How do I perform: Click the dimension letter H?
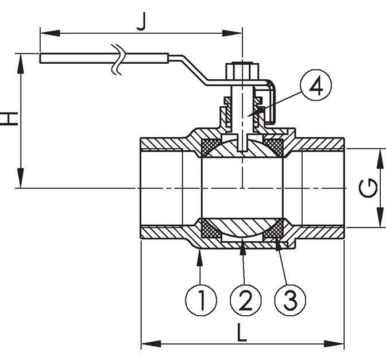click(9, 119)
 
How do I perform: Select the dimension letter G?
click(368, 188)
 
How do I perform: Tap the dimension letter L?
click(242, 332)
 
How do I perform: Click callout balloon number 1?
click(201, 300)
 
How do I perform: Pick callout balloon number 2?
click(245, 300)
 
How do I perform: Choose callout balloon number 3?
click(290, 300)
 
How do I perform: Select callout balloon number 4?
click(316, 85)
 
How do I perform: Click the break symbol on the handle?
click(117, 59)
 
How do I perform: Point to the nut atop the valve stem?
click(242, 71)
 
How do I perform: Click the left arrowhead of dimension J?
click(50, 33)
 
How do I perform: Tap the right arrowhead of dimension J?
click(232, 33)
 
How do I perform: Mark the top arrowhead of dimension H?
click(21, 64)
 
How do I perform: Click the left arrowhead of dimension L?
click(151, 344)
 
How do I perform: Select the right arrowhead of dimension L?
click(334, 344)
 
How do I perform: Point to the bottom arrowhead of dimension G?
click(380, 218)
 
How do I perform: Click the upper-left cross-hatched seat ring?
click(210, 147)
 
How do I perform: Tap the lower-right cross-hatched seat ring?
click(274, 229)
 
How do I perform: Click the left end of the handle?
click(40, 58)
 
